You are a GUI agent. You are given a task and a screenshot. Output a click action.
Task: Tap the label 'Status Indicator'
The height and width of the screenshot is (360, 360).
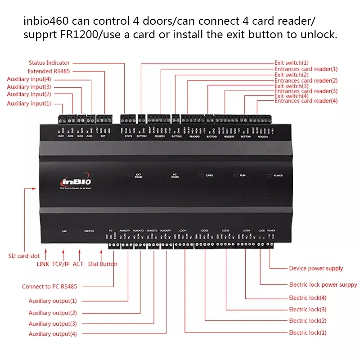pos(49,63)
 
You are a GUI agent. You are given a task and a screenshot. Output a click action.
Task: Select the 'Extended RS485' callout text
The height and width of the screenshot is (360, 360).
pos(49,71)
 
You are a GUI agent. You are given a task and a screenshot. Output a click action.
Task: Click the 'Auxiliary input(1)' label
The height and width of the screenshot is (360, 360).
pos(29,103)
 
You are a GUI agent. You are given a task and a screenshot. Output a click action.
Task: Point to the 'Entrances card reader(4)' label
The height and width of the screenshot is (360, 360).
pos(306,101)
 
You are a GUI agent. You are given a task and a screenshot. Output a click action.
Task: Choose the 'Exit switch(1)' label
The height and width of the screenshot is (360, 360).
pos(291,63)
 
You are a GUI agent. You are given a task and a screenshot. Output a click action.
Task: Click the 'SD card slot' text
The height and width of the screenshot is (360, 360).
pos(24,256)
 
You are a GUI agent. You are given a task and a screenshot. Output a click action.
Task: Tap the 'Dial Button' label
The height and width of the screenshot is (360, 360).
pos(103,264)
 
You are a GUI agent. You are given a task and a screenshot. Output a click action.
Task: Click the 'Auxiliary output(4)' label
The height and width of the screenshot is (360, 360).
pos(52,334)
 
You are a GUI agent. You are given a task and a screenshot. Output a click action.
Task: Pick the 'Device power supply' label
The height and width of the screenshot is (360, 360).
pos(315,269)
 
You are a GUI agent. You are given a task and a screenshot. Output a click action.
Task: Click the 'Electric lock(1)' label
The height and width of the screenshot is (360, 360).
pos(307,333)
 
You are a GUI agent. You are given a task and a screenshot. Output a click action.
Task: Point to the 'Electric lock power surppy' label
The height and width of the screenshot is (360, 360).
pos(323,285)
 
